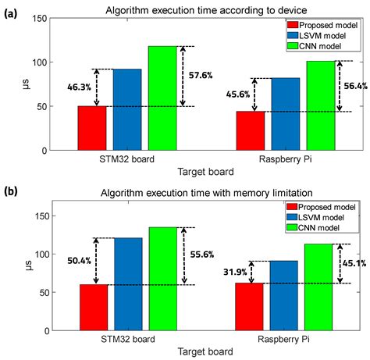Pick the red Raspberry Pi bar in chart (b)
(x=250, y=306)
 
